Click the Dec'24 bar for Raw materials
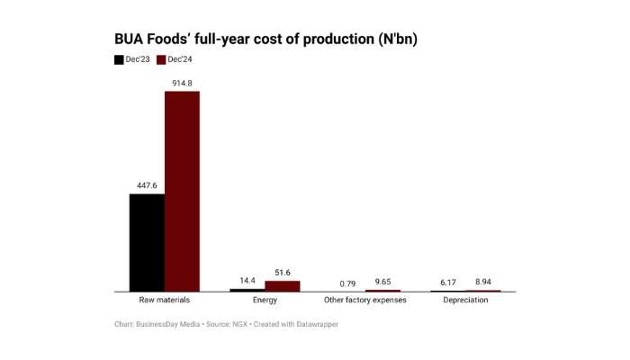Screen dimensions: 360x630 pyautogui.click(x=182, y=191)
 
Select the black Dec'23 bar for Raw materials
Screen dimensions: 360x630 pyautogui.click(x=147, y=242)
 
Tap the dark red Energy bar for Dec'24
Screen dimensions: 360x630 pyautogui.click(x=283, y=286)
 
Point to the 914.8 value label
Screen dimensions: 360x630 pyautogui.click(x=182, y=84)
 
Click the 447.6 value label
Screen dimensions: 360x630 pyautogui.click(x=147, y=186)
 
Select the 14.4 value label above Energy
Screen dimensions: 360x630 pyautogui.click(x=247, y=282)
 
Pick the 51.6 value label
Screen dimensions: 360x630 pyautogui.click(x=283, y=273)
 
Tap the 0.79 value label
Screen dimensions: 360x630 pyautogui.click(x=347, y=283)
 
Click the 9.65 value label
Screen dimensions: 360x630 pyautogui.click(x=382, y=282)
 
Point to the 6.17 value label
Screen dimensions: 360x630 pyautogui.click(x=448, y=283)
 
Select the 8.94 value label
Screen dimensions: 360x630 pyautogui.click(x=483, y=282)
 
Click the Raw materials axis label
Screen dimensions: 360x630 pyautogui.click(x=165, y=300)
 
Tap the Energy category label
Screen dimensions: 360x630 pyautogui.click(x=265, y=300)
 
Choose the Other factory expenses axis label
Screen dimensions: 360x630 pyautogui.click(x=365, y=300)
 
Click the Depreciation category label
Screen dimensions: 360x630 pyautogui.click(x=465, y=300)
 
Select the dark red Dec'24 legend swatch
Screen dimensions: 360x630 pyautogui.click(x=162, y=60)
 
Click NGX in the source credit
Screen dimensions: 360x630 pyautogui.click(x=235, y=324)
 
